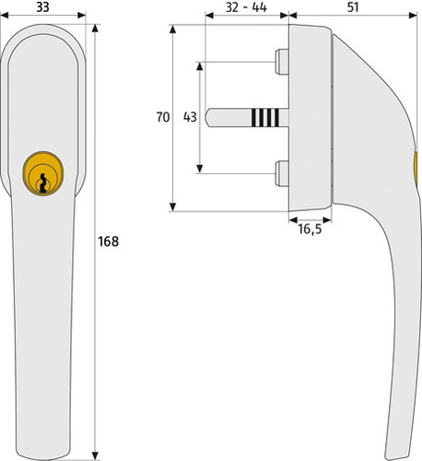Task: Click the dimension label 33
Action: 42,6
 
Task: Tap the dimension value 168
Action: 108,242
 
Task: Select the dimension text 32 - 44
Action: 246,7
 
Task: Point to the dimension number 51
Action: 353,6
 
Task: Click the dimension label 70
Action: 163,117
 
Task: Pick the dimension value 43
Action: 190,117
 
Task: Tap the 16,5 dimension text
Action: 310,229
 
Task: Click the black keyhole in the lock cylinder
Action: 43,183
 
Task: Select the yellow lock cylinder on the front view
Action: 43,173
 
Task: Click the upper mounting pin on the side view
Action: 282,62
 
